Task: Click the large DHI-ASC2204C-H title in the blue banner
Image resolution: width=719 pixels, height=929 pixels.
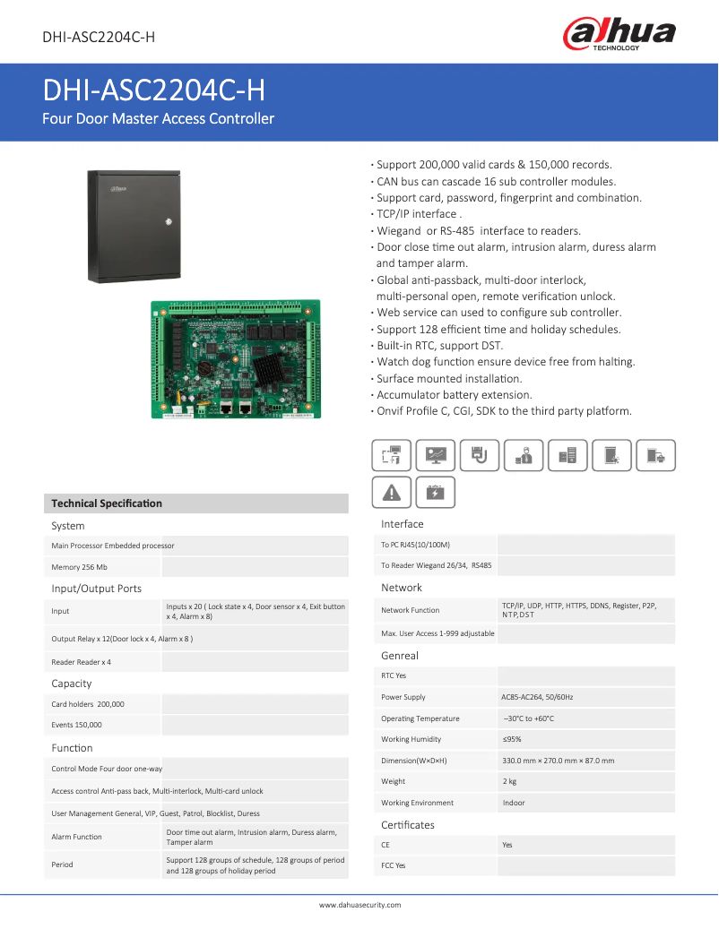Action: pyautogui.click(x=154, y=90)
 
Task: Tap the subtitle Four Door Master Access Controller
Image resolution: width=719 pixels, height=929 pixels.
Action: pyautogui.click(x=159, y=118)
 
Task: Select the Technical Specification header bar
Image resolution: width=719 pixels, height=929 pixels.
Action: pyautogui.click(x=195, y=503)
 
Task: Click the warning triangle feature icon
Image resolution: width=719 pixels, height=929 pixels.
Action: pyautogui.click(x=392, y=492)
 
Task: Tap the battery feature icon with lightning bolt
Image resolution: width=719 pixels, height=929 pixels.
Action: pyautogui.click(x=435, y=492)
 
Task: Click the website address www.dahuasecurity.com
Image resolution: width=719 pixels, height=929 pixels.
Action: pyautogui.click(x=359, y=905)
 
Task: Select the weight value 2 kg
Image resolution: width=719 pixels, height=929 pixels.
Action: pyautogui.click(x=511, y=782)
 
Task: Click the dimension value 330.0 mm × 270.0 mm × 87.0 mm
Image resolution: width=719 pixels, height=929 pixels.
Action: pyautogui.click(x=558, y=761)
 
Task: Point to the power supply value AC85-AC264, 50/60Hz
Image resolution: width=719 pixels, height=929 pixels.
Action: pyautogui.click(x=538, y=697)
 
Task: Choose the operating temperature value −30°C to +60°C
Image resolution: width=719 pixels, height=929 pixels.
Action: pyautogui.click(x=528, y=718)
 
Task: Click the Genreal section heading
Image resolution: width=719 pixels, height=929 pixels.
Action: pyautogui.click(x=400, y=656)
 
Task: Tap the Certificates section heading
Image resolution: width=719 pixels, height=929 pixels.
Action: pyautogui.click(x=408, y=825)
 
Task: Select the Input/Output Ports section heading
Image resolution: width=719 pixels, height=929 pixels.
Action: pyautogui.click(x=97, y=589)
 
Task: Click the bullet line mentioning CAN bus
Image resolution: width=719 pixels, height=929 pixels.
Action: pyautogui.click(x=495, y=181)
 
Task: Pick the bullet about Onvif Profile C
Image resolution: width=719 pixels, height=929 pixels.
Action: pyautogui.click(x=503, y=411)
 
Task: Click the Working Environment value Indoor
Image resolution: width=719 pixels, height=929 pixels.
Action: pyautogui.click(x=514, y=803)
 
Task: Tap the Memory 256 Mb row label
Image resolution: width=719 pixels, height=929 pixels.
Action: pyautogui.click(x=80, y=567)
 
